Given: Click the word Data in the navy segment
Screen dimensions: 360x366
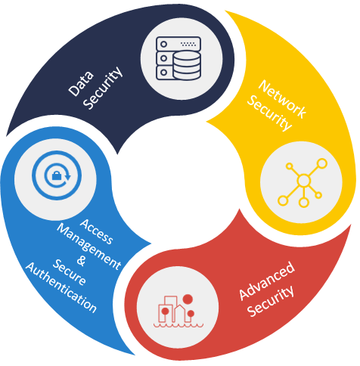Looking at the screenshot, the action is (81, 84).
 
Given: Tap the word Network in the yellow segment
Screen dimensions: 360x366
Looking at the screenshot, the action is (282, 99).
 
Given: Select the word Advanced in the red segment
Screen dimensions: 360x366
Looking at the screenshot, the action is (267, 281).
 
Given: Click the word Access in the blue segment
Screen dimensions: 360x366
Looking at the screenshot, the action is (97, 231).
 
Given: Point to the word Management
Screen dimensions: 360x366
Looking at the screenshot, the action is (89, 247).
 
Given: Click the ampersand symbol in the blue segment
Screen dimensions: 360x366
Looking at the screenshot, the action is (81, 261).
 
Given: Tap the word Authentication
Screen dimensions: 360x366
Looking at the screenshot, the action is (61, 287).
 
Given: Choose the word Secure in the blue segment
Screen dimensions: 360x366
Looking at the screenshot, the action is (70, 272).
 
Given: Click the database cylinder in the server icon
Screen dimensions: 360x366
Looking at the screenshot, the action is (187, 65).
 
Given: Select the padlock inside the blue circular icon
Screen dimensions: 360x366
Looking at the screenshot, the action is (57, 175).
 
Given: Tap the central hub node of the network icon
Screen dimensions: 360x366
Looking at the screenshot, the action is (303, 181).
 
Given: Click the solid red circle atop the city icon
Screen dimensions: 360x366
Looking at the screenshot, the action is (188, 299).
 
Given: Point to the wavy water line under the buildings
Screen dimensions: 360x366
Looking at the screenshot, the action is (178, 325).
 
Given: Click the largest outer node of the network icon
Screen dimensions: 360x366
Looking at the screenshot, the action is (322, 163).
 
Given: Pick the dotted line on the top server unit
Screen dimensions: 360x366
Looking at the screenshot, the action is (188, 44).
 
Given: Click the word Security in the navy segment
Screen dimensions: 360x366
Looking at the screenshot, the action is (103, 88).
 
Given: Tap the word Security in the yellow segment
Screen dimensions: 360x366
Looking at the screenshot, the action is (269, 113).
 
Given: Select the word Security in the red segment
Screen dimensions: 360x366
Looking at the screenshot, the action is (271, 301).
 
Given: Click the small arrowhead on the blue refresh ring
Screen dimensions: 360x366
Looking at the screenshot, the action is (67, 177).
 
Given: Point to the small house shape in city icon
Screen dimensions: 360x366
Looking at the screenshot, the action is (180, 313).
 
